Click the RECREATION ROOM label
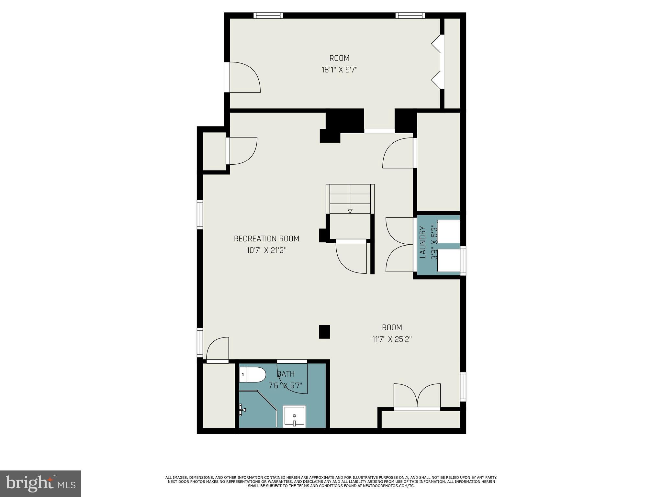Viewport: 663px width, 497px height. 266,239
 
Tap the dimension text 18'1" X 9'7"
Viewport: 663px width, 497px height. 339,70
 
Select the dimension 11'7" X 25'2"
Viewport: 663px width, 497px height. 392,339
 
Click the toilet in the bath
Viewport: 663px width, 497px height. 252,375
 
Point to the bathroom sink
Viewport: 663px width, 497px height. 294,416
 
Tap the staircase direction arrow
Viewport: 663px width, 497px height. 350,211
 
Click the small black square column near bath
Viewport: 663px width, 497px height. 324,332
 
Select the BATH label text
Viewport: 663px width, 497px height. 286,374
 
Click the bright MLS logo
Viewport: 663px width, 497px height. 40,484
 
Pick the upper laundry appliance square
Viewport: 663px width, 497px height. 448,231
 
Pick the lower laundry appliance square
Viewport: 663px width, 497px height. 448,260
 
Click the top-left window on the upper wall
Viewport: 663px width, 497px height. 268,15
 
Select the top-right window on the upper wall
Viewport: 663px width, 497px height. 410,15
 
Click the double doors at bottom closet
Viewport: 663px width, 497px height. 417,396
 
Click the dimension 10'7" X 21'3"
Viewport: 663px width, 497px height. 266,250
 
